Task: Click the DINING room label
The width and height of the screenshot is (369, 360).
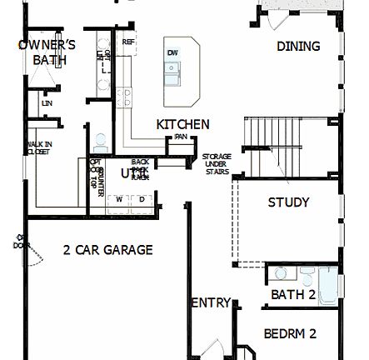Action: [x=298, y=47]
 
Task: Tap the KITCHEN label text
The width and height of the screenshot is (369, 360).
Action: [x=182, y=124]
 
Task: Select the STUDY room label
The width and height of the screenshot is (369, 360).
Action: [x=288, y=202]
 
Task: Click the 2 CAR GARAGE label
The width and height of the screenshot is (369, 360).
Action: [x=108, y=249]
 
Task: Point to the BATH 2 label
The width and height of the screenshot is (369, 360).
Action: [x=292, y=294]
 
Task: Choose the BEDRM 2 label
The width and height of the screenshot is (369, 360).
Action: [x=290, y=333]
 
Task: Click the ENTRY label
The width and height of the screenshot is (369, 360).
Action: [x=210, y=303]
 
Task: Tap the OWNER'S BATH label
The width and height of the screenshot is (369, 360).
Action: [x=47, y=52]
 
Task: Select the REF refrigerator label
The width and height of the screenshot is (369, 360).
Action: [x=128, y=41]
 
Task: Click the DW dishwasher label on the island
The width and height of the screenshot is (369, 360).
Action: [x=172, y=53]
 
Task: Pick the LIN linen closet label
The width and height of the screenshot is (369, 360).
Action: [x=47, y=103]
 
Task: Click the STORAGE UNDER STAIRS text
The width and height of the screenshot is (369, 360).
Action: [x=217, y=165]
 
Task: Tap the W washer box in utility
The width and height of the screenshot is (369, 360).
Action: [x=119, y=199]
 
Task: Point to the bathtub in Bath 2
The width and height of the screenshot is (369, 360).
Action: [x=328, y=284]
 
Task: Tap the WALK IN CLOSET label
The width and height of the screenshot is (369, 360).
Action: [x=38, y=148]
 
